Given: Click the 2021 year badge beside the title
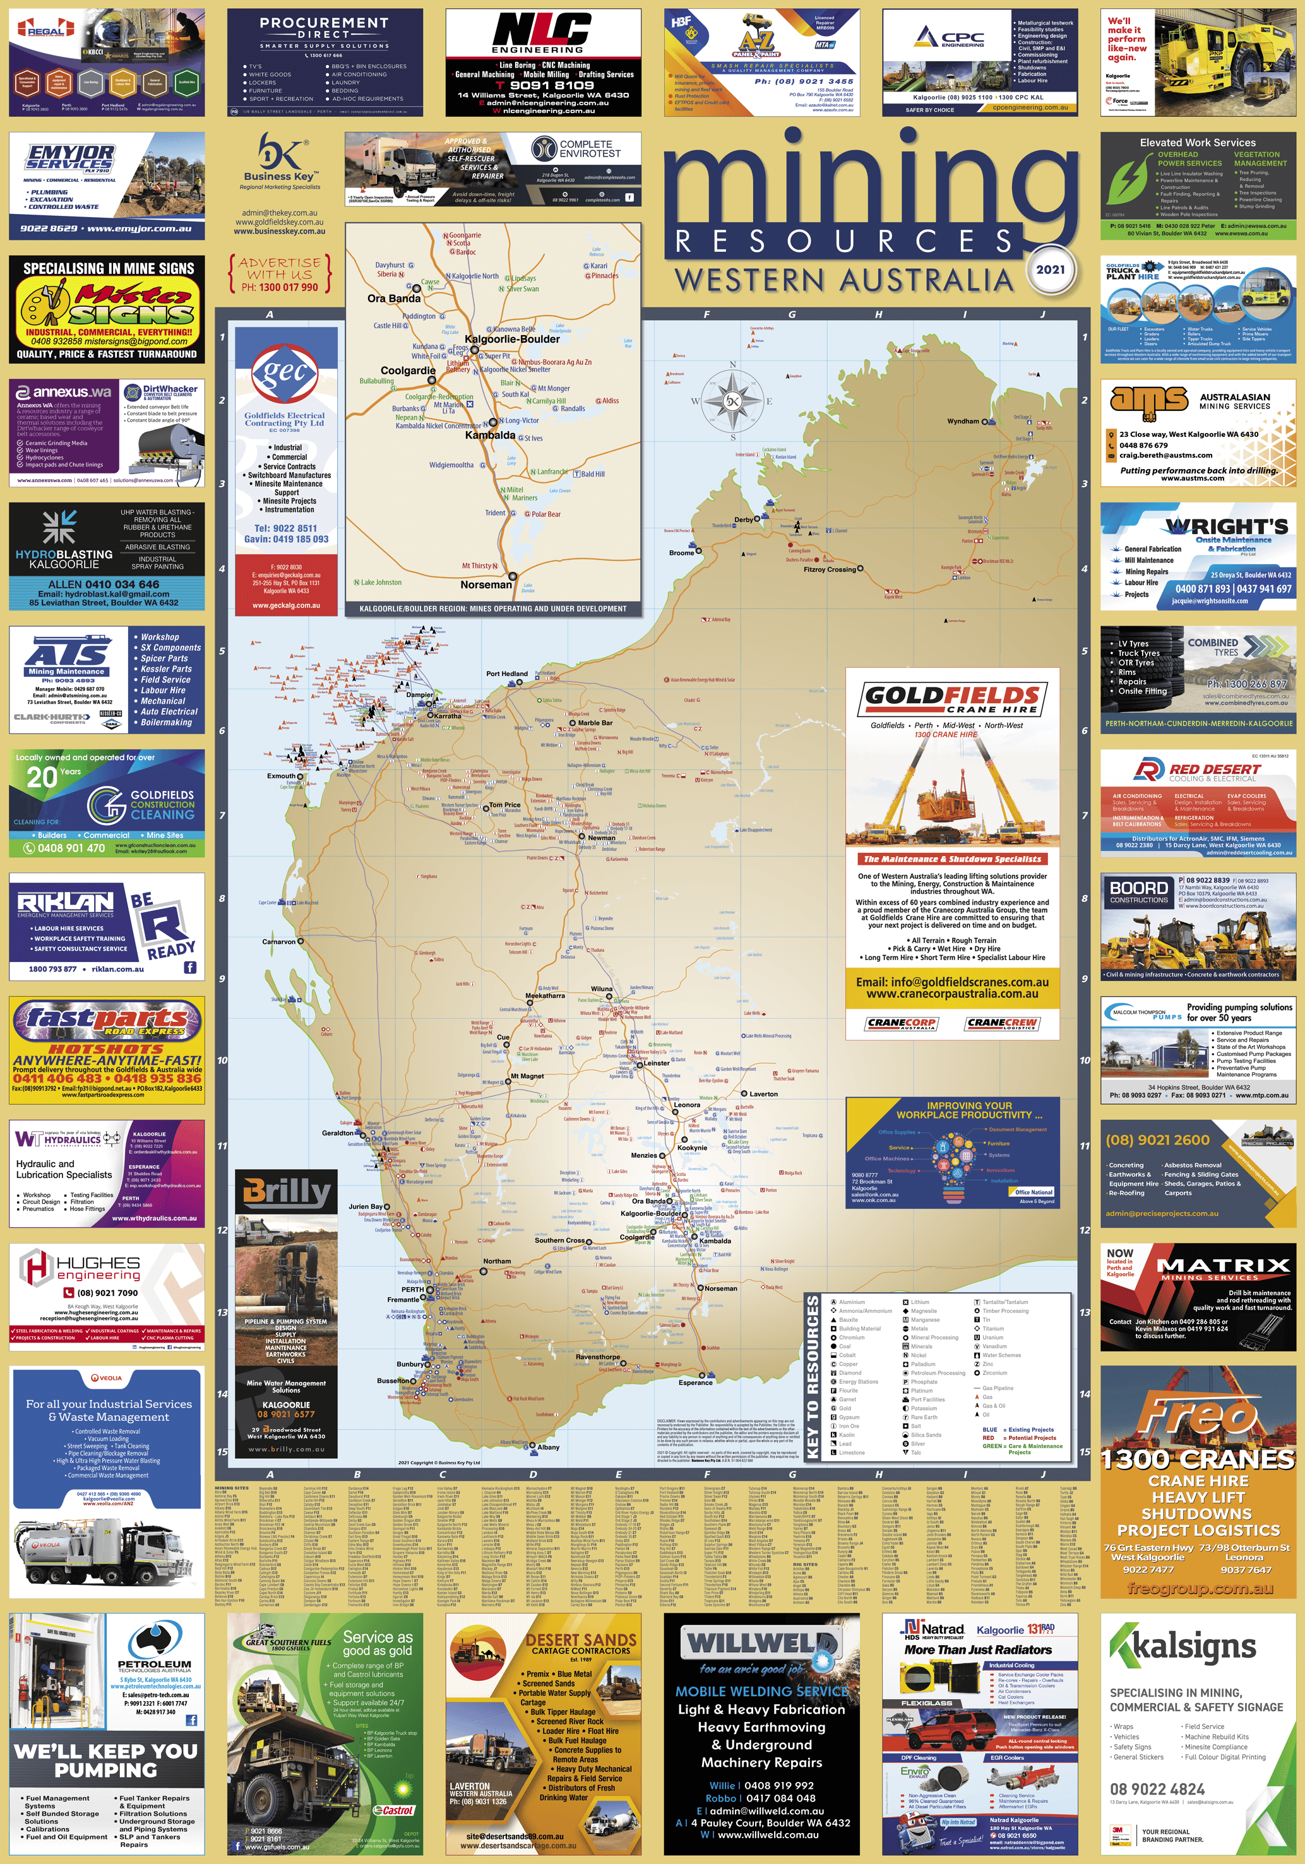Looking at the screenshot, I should pos(1050,270).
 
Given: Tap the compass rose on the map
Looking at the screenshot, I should pos(732,400).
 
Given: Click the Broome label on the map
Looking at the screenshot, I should pos(681,553).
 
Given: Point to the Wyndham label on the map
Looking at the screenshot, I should pos(963,422).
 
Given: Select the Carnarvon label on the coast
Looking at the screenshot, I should pos(278,942).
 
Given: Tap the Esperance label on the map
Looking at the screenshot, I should pos(695,1382).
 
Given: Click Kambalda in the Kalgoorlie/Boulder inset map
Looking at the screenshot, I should pos(490,435).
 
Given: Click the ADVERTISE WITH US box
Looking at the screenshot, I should pos(279,273).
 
